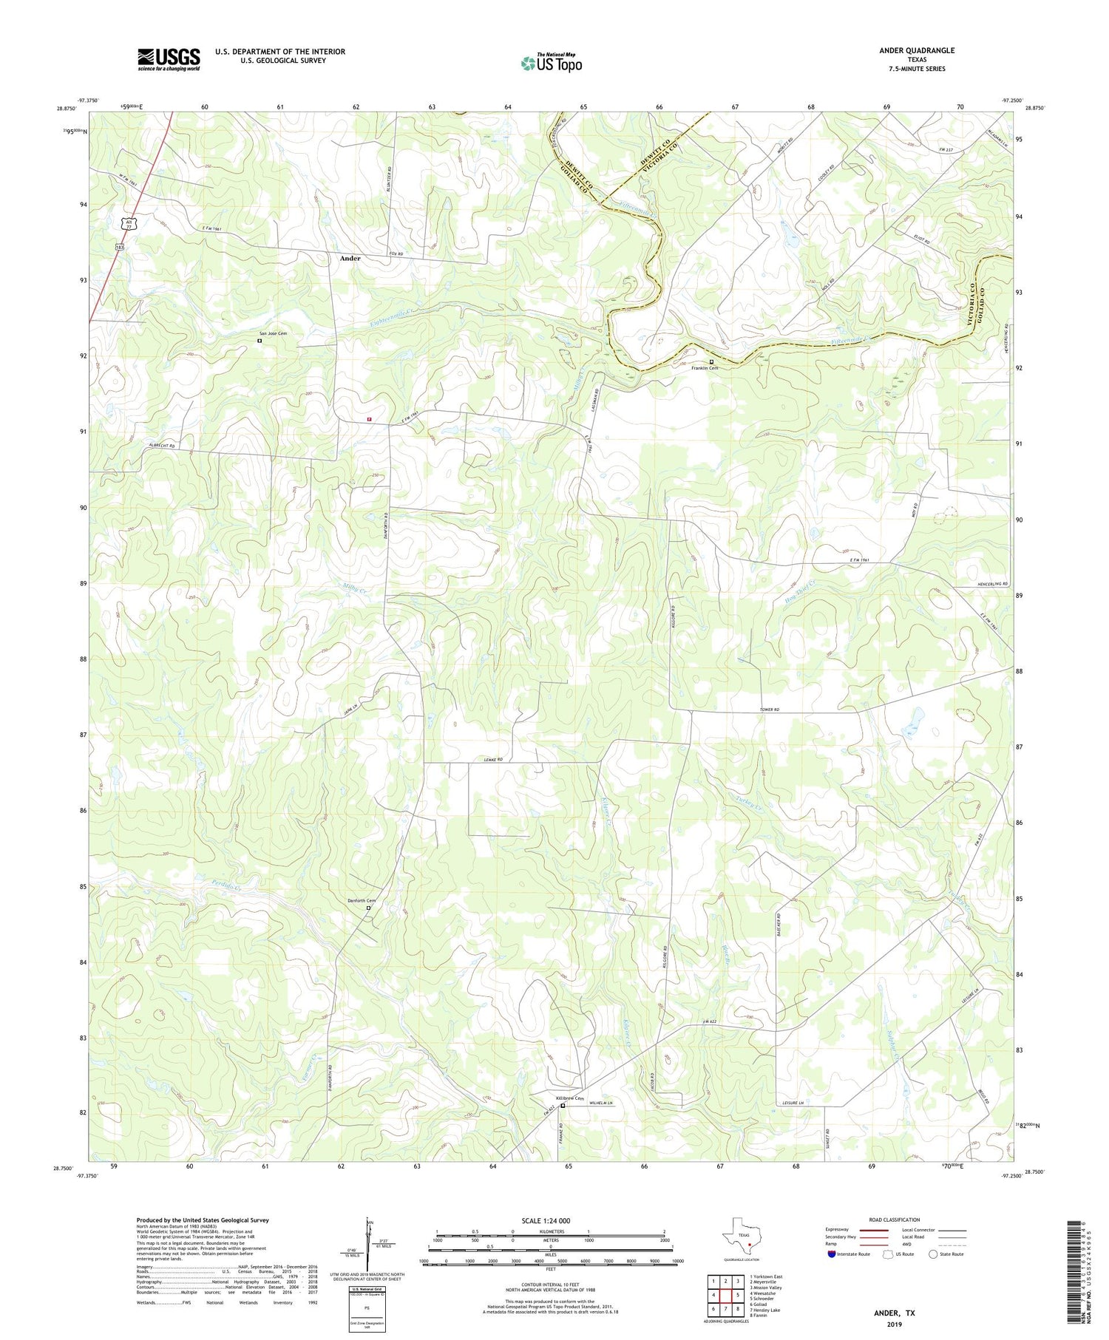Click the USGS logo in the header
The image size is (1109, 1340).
coord(169,59)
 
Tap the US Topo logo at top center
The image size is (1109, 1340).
coord(551,63)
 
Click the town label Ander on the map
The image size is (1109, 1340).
coord(350,259)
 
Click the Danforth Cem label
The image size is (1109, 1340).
coord(362,900)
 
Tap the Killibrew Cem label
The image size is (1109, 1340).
coord(566,1098)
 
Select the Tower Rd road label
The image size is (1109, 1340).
coord(770,710)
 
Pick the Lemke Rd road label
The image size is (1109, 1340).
coord(493,759)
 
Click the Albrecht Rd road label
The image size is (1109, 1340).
coord(162,446)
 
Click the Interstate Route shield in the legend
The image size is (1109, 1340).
coord(832,1254)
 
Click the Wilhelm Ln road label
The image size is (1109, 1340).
coord(601,1103)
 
